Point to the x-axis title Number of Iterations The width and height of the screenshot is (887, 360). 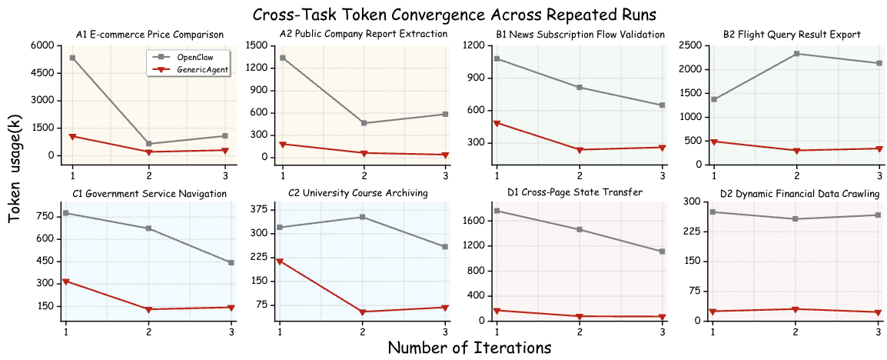coord(469,347)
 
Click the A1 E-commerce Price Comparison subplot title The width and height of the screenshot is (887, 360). coord(150,35)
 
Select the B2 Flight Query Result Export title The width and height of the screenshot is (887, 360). coord(792,35)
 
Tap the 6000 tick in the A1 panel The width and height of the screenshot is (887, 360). coord(44,45)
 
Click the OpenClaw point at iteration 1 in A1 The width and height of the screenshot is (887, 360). coord(72,58)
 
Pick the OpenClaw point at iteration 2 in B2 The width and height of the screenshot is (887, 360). coord(796,54)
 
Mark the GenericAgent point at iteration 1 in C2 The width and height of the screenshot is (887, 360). coord(280,262)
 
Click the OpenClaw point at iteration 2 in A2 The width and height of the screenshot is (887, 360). coord(364,123)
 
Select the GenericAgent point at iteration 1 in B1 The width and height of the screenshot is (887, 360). coord(497,123)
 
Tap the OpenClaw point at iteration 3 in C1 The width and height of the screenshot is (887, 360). coord(231,262)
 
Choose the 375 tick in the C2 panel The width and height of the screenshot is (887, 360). coord(259,209)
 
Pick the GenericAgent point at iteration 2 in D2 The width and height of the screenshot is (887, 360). coord(796,309)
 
